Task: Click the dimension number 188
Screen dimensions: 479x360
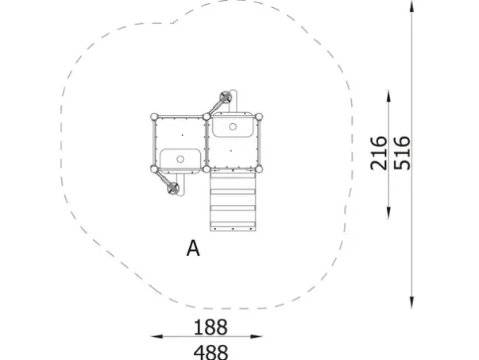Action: click(211, 327)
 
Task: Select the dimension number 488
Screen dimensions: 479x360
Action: click(211, 352)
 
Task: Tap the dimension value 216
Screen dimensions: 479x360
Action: click(378, 153)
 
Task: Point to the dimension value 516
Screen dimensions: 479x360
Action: click(402, 153)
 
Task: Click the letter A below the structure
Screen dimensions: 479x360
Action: click(193, 248)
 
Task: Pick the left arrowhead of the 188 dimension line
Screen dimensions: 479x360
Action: click(156, 336)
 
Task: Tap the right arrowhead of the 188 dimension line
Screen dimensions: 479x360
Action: click(257, 336)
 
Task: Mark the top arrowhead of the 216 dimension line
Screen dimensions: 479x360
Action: click(388, 95)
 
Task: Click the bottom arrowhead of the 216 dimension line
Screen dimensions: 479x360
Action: click(388, 213)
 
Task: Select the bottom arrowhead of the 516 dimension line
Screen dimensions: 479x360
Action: click(411, 302)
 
